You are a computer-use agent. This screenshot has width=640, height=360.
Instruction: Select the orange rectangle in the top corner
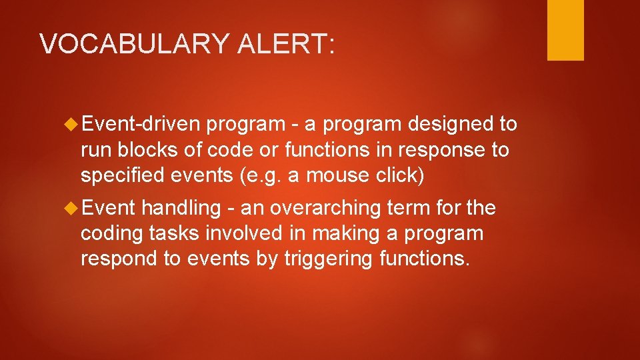pos(565,30)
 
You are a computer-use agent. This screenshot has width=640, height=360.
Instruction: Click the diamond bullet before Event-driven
pos(73,124)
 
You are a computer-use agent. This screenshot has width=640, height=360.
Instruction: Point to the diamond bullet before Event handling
pos(73,208)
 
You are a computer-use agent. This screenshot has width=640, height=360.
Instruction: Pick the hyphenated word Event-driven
pos(141,124)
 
